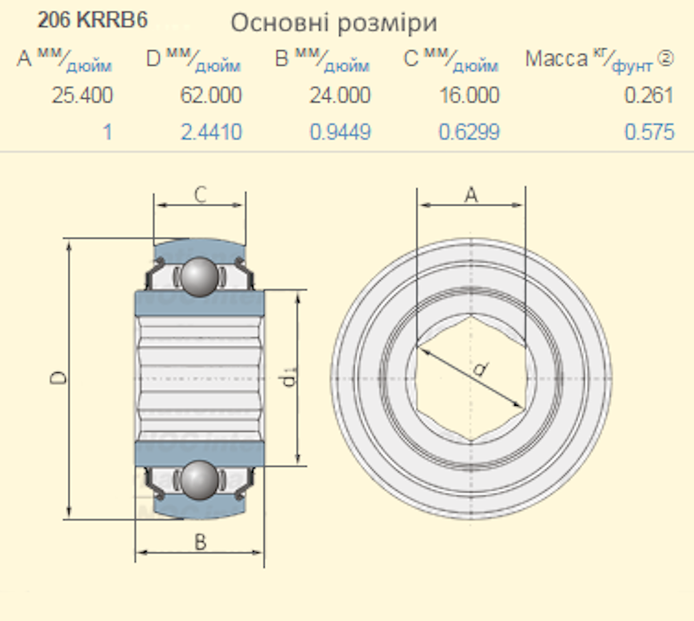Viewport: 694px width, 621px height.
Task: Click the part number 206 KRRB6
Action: (x=92, y=20)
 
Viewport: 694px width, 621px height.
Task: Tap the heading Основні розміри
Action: (x=334, y=23)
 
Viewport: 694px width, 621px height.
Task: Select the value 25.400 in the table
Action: (x=82, y=95)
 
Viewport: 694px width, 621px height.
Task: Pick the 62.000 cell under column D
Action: (x=211, y=95)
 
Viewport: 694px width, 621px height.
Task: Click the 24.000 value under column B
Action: (x=340, y=95)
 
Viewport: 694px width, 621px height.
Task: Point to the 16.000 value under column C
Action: (x=469, y=95)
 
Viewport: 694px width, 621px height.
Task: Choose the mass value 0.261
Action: (x=649, y=95)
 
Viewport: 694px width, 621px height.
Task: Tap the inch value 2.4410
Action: (x=211, y=132)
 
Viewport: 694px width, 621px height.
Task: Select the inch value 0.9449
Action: (x=340, y=132)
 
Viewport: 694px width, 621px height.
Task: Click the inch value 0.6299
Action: (x=469, y=132)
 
